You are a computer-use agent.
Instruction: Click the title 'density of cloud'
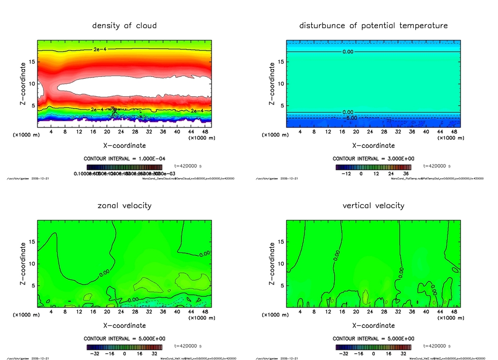(124, 25)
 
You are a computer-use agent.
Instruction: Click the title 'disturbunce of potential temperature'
(373, 25)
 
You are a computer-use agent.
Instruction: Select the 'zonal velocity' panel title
(124, 205)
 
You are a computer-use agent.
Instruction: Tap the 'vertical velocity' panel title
(373, 205)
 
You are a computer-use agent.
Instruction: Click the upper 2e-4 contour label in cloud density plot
(100, 50)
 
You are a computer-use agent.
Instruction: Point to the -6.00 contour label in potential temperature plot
(351, 118)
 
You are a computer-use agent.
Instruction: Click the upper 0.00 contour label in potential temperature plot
(347, 52)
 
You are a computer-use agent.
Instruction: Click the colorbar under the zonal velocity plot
(124, 347)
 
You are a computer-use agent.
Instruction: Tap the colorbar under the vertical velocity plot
(373, 347)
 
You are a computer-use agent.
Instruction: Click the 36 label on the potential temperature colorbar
(405, 174)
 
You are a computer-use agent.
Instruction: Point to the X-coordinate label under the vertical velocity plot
(373, 325)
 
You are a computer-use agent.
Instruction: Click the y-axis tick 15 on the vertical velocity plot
(281, 242)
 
